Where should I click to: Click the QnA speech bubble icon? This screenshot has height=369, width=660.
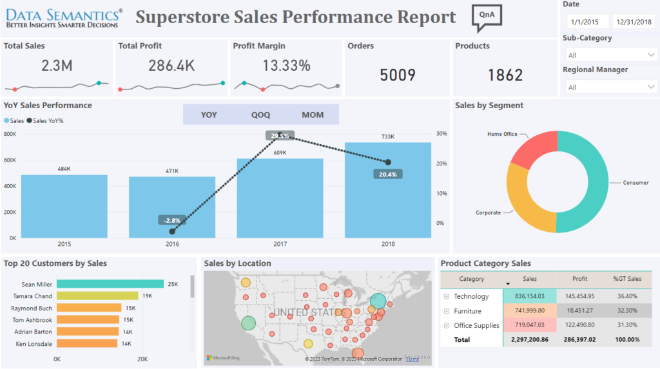(487, 17)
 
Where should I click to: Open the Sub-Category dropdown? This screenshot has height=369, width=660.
(610, 55)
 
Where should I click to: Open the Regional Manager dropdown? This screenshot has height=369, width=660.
(610, 87)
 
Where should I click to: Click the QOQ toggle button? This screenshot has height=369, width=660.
(260, 115)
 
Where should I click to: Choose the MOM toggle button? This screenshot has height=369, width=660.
(313, 115)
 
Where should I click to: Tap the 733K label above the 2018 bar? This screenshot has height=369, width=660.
(387, 137)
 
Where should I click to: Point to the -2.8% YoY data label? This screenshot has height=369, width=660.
(172, 220)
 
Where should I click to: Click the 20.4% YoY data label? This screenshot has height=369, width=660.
(387, 174)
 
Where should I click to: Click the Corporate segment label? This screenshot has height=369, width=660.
(488, 213)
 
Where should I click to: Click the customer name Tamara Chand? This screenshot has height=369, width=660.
(33, 296)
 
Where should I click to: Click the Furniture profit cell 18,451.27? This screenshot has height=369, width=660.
(580, 310)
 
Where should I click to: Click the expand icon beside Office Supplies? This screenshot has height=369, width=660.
(447, 325)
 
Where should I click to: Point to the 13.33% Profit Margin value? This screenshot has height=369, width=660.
(286, 65)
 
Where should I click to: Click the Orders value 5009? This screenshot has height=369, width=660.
(397, 75)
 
